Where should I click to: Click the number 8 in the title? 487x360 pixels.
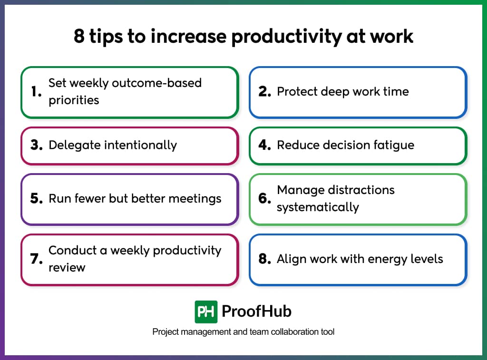79,37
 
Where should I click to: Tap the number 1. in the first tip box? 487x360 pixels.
37,92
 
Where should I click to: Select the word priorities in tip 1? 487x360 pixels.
74,100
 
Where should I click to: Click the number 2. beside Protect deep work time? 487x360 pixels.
265,92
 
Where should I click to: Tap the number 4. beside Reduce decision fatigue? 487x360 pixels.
265,145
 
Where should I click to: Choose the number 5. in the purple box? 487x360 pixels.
37,198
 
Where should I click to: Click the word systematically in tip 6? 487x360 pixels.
318,207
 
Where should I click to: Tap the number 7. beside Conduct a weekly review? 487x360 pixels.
37,259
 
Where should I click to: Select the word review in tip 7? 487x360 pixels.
67,267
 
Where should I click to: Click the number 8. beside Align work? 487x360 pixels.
265,259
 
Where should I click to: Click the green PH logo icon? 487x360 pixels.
206,312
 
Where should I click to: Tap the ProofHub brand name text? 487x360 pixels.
257,312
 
